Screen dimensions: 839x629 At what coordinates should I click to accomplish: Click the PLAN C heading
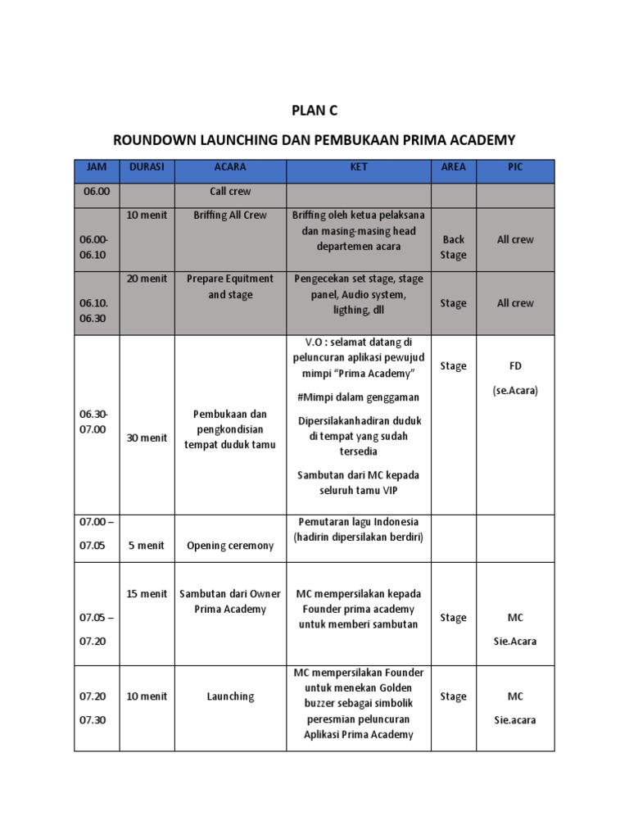[314, 111]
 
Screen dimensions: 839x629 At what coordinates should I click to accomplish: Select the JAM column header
[97, 167]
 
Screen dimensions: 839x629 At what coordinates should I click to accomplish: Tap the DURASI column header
[147, 167]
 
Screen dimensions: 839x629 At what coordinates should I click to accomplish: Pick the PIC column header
[514, 167]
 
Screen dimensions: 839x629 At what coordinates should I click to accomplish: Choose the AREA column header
[453, 167]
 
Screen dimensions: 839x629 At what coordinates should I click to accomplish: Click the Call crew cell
[230, 192]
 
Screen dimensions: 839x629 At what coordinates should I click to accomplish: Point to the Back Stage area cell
[453, 247]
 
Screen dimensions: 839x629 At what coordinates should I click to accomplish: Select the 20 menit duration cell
[147, 279]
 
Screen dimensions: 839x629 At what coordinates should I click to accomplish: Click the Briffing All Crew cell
[230, 215]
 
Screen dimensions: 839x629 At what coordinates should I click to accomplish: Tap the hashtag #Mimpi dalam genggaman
[359, 397]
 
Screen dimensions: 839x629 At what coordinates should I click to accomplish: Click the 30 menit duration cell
[147, 438]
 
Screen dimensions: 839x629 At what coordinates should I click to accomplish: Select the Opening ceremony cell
[230, 546]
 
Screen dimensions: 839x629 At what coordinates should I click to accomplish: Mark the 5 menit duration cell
[147, 546]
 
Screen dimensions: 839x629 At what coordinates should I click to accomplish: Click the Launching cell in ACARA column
[230, 696]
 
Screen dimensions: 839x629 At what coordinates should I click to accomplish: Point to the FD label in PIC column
[515, 366]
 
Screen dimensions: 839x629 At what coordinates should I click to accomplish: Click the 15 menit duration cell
[147, 594]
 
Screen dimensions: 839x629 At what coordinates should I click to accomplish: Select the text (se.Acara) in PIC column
[515, 391]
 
